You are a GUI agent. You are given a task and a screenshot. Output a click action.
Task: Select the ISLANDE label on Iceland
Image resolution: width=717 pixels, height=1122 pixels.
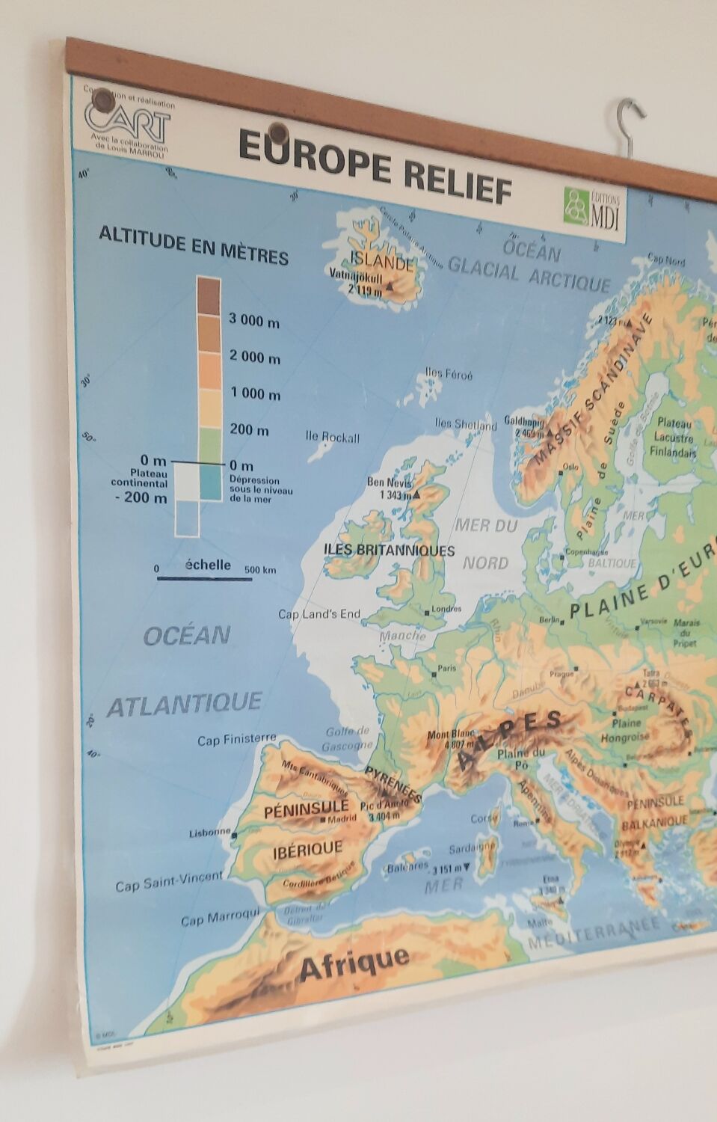[381, 263]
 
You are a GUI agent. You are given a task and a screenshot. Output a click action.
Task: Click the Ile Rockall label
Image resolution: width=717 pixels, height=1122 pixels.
[333, 438]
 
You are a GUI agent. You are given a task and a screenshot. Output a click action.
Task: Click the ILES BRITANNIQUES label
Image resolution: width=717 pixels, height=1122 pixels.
[389, 550]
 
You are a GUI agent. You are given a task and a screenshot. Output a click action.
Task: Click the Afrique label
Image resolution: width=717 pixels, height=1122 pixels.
[354, 961]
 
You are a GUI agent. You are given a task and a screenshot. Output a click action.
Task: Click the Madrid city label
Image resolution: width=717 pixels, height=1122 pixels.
[341, 818]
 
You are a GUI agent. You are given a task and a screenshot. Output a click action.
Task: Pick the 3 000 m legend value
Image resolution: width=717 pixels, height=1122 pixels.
[254, 321]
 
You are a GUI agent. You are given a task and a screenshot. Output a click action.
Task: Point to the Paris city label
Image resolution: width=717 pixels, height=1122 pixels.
[446, 669]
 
